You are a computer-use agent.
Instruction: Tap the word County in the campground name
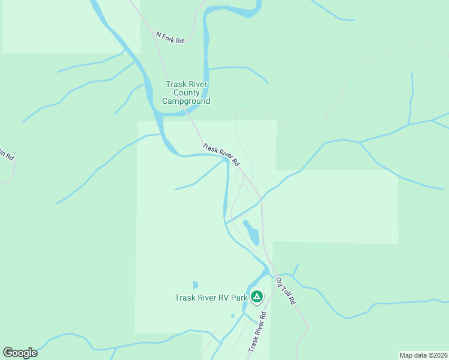coord(187,93)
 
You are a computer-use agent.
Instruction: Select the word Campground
coord(187,101)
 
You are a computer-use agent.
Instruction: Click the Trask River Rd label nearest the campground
coord(221,155)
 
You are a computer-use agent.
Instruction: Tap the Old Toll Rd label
coord(286,290)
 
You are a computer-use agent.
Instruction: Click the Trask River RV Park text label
coord(210,298)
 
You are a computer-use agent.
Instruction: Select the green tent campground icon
coord(257,296)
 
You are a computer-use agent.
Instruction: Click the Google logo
coord(20,353)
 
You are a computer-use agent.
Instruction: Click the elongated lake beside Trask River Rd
coord(251,232)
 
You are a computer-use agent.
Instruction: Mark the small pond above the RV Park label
coord(195,285)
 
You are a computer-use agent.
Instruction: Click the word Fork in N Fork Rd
coord(169,37)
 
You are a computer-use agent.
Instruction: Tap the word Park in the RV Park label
coord(239,298)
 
